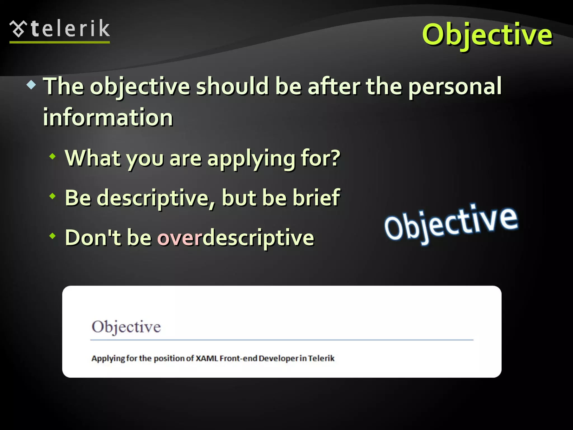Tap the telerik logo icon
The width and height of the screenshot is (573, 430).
click(18, 29)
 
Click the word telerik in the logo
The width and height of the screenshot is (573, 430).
click(70, 29)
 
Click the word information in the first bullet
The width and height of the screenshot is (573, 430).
click(108, 117)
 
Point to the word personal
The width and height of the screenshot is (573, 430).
click(455, 87)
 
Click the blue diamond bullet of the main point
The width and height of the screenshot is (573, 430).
click(31, 85)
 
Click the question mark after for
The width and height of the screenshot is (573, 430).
click(335, 158)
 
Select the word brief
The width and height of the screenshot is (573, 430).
click(316, 198)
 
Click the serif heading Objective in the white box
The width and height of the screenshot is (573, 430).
click(126, 327)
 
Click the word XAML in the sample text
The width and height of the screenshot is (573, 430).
click(206, 358)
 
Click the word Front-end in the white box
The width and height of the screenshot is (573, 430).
click(238, 358)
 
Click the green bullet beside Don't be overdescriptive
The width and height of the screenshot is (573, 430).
click(52, 236)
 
